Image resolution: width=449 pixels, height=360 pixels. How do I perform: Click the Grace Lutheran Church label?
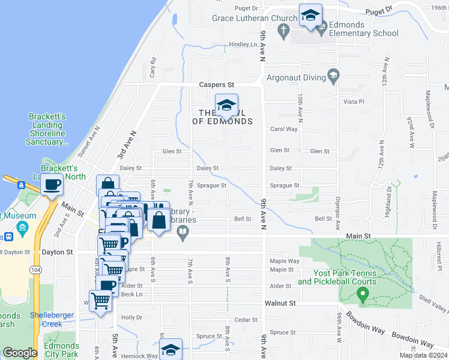(255, 18)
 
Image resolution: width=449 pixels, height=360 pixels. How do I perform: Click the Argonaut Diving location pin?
(334, 76)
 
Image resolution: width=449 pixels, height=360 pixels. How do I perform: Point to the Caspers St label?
(216, 86)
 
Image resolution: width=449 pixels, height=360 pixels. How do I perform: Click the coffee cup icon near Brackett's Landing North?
(52, 185)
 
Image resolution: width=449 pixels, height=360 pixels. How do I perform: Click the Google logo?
(20, 353)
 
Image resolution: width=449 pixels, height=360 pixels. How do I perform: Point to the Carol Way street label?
(283, 129)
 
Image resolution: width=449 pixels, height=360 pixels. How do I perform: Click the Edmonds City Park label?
(61, 350)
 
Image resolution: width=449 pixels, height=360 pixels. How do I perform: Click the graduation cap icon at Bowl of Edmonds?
(226, 106)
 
